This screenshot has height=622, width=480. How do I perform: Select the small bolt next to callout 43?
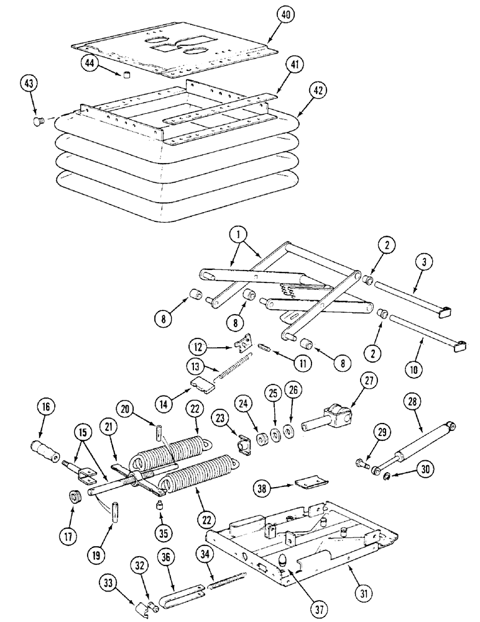pyautogui.click(x=37, y=121)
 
